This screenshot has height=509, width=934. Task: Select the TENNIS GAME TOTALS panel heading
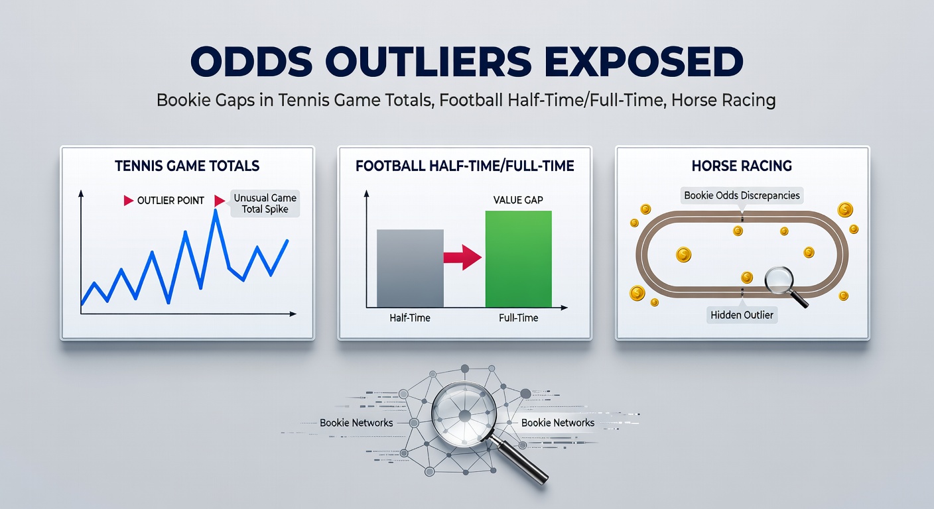coord(187,166)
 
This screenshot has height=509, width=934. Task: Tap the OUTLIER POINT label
coord(170,200)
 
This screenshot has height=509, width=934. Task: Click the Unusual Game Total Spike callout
coord(265,203)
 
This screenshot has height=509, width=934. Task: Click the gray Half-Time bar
coord(410,268)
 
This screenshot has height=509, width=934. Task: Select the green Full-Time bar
coord(518,258)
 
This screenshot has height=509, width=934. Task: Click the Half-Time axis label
coord(409,318)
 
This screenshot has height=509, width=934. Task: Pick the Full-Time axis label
coord(518,318)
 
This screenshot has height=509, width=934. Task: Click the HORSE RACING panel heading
coord(742,166)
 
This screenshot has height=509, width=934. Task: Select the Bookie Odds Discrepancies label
coord(742,196)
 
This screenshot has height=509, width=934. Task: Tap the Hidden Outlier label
coord(742,315)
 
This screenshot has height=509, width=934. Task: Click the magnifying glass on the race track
coord(779,280)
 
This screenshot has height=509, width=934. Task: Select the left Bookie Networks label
coord(356,423)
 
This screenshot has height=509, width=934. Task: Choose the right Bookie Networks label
coord(557,423)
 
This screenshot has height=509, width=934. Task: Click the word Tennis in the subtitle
coord(311,101)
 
